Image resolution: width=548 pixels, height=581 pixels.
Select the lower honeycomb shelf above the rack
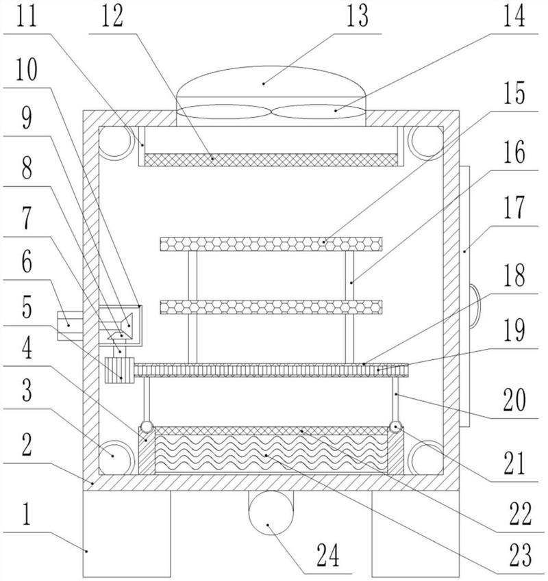(x=271, y=306)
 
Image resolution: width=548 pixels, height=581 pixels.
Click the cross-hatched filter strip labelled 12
(x=271, y=159)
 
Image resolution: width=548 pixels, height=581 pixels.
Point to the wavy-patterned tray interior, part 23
(x=271, y=454)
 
